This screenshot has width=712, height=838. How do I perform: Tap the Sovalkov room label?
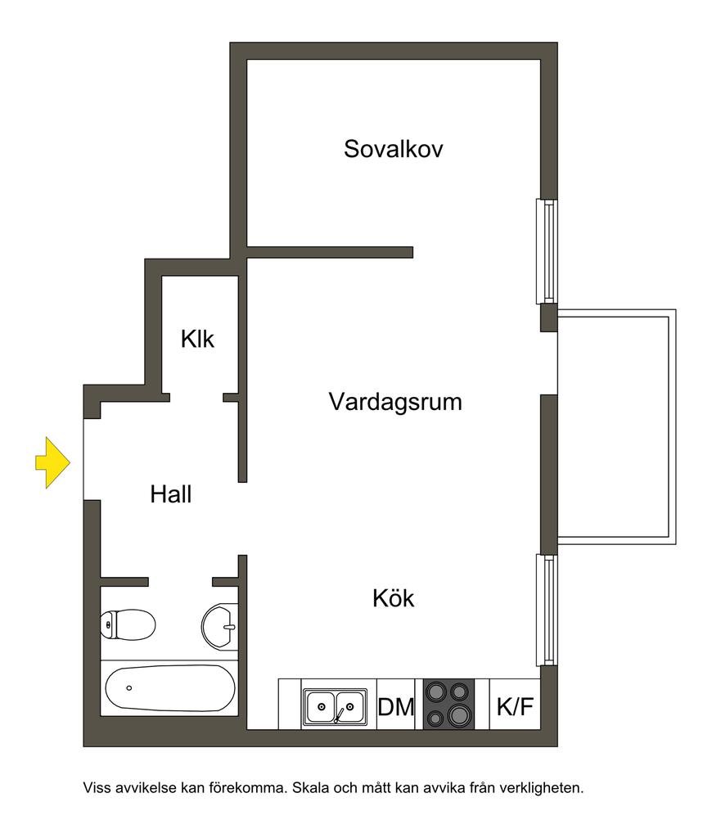coord(393,149)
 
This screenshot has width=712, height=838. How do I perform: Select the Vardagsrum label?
coord(395,402)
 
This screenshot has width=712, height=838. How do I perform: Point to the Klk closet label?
coord(198,338)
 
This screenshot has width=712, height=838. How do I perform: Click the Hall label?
coord(171,494)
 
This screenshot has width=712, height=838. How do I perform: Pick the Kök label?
coord(394,598)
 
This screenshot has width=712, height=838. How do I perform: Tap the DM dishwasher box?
coord(396,705)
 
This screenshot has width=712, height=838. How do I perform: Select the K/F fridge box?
coord(516,705)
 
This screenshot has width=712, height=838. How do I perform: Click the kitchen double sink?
coord(335,705)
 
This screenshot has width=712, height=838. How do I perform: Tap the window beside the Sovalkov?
coord(548,251)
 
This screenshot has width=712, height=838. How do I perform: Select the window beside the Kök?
coord(548,610)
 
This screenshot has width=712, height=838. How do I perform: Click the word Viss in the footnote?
coord(97,789)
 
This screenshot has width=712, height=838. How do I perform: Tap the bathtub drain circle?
coord(128,687)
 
